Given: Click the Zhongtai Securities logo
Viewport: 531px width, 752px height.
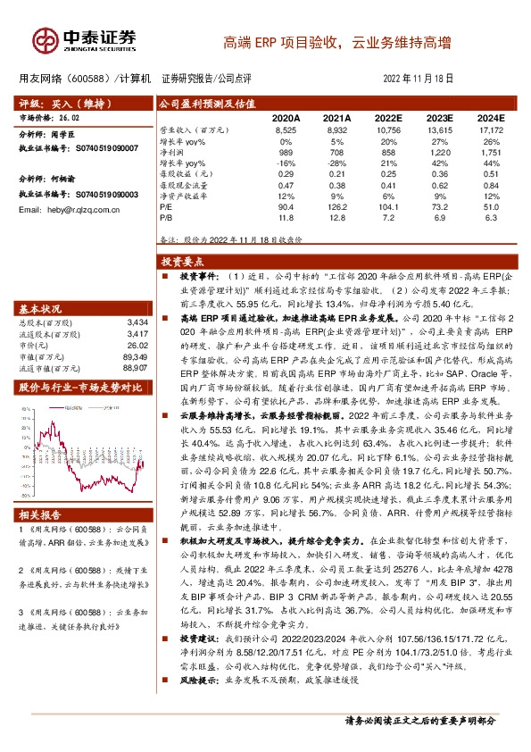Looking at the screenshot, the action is coord(86,39).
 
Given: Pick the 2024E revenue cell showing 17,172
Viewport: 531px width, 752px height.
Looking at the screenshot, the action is coord(490,130).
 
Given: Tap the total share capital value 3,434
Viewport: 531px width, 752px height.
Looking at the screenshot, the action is coord(137,321).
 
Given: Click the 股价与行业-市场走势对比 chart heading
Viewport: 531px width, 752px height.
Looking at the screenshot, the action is coord(80,388).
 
